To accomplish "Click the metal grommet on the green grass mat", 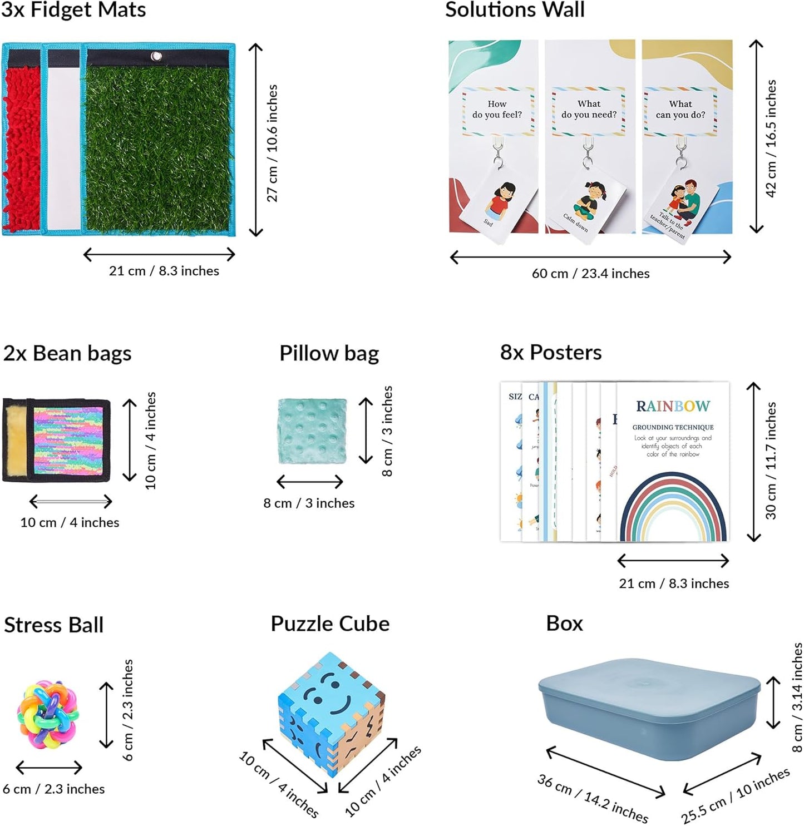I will (157, 57).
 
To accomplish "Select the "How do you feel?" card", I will (497, 110).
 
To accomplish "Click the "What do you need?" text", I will (589, 109).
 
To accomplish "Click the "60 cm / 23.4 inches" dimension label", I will (590, 274).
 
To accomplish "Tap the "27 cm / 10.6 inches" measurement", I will (272, 143).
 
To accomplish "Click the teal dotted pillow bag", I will (312, 431).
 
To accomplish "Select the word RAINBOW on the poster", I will (673, 407).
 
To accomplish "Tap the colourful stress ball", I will (48, 714).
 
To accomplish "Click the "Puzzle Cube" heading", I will (330, 624).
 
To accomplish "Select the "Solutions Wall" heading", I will (515, 10).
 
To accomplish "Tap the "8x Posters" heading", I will (551, 353).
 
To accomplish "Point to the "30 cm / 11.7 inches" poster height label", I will (771, 461).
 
